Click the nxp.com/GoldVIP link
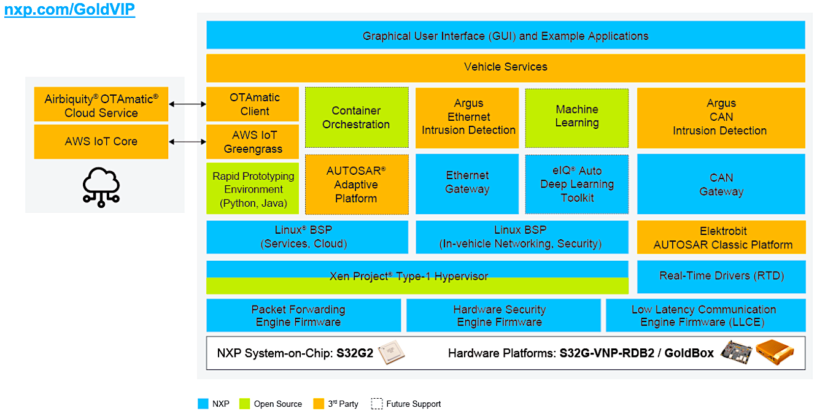[x=69, y=9]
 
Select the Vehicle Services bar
[x=505, y=67]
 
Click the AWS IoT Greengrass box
[x=253, y=142]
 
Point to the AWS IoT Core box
[x=101, y=142]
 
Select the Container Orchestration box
[x=356, y=118]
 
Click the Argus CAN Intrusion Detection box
[x=721, y=118]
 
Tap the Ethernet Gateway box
[x=467, y=183]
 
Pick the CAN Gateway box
[x=721, y=184]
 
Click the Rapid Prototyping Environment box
[x=253, y=189]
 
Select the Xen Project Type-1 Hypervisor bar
[x=417, y=277]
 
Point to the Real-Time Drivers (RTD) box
[x=721, y=277]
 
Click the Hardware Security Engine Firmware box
[x=499, y=315]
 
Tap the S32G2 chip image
[x=391, y=353]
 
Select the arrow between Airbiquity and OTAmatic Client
[x=187, y=104]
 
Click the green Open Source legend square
[x=244, y=404]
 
